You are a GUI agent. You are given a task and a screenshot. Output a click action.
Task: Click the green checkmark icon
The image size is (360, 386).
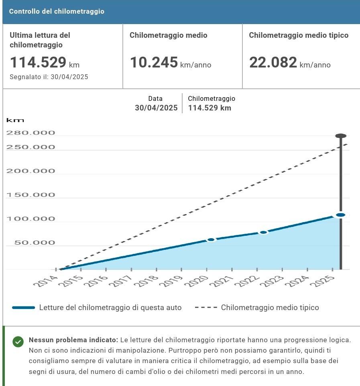click(x=18, y=342)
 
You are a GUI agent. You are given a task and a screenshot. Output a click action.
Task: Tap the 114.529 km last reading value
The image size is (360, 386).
click(x=38, y=63)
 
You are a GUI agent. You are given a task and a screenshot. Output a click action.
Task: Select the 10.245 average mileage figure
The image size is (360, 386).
click(x=154, y=63)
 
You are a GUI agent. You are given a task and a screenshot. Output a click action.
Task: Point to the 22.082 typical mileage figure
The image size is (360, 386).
click(x=273, y=63)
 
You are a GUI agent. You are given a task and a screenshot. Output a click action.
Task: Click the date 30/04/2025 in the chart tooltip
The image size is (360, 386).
click(x=156, y=108)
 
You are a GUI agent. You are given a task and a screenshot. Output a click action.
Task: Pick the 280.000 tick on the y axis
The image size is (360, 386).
click(x=31, y=133)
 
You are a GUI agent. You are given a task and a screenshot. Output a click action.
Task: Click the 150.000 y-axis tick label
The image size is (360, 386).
click(x=31, y=195)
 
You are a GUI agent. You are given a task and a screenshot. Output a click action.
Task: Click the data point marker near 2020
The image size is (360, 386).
click(x=211, y=240)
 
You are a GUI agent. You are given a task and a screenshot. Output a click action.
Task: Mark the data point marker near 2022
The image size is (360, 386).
click(x=263, y=233)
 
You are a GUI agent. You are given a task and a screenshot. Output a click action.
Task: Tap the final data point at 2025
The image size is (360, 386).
click(x=341, y=215)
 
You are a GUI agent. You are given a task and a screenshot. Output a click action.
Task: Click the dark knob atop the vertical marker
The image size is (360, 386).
click(x=341, y=136)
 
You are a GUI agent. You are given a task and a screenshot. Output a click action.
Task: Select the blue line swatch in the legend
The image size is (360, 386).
click(x=24, y=308)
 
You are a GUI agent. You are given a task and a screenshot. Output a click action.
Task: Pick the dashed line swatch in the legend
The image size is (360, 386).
click(x=206, y=308)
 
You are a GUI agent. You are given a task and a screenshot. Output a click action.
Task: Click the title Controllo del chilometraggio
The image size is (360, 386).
click(x=57, y=11)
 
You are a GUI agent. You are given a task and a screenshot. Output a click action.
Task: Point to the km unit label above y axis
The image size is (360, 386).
click(x=15, y=120)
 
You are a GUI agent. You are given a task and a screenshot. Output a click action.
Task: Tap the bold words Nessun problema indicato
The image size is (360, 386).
click(x=73, y=340)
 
